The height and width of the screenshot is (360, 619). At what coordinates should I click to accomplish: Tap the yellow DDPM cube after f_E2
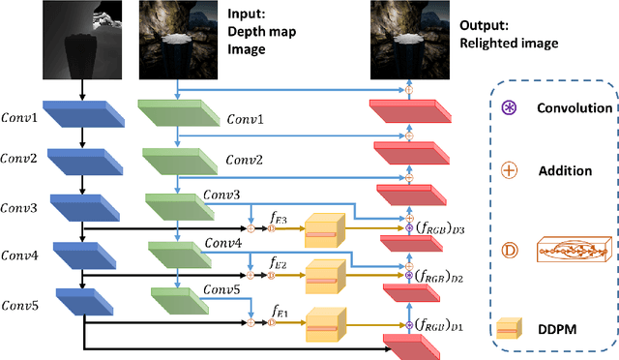coord(324,279)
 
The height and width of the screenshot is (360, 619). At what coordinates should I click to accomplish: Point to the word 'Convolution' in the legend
coord(577,109)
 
